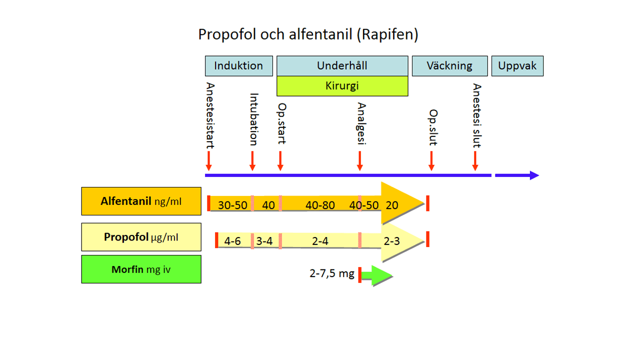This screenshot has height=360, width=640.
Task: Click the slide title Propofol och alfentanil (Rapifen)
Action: coord(308,34)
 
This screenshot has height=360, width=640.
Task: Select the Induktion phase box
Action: coord(238,65)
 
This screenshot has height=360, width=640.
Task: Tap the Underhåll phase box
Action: coord(342,65)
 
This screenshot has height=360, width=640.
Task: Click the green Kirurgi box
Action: coord(342,85)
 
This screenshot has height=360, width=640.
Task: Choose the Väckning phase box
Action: coord(449,65)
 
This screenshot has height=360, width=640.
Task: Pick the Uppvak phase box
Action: coord(517,65)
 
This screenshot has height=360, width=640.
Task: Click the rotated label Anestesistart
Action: coord(209,115)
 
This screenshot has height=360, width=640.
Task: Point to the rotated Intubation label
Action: coord(253,119)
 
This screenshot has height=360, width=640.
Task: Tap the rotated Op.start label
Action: coord(281,123)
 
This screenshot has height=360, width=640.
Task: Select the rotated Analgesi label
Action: coord(361,123)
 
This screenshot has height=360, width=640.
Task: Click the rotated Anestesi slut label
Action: coord(476,115)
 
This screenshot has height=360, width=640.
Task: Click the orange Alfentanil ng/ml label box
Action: coord(141,201)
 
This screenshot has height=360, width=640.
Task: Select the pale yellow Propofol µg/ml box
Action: coord(141,236)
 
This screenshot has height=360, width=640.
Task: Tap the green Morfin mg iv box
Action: coord(141,269)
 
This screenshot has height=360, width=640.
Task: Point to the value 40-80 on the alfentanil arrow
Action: coord(320,205)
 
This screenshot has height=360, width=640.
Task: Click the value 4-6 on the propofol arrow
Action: coord(232,241)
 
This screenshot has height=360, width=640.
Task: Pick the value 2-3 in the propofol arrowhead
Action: coord(391,241)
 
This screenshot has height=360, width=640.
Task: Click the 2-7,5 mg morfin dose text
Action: coord(332,273)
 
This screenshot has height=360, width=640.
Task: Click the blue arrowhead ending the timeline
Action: coord(533,175)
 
